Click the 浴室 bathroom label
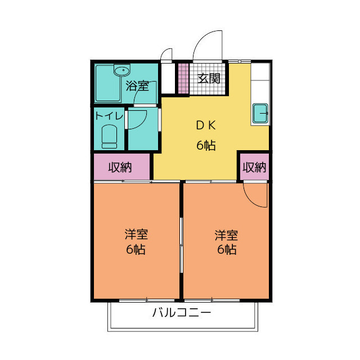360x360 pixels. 137,86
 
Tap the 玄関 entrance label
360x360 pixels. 208,79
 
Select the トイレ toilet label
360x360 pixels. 109,116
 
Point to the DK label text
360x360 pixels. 206,125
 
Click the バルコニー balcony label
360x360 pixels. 182,313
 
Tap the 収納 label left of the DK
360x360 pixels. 120,167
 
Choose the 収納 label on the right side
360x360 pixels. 254,167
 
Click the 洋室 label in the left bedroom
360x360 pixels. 137,233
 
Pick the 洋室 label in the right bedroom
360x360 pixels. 226,233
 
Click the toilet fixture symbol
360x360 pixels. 109,137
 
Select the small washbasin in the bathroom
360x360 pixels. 121,71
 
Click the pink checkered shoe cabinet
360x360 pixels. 183,79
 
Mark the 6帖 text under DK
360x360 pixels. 206,145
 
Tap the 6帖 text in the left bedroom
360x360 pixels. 137,249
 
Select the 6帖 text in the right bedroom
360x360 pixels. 226,249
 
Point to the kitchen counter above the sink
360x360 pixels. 260,82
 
